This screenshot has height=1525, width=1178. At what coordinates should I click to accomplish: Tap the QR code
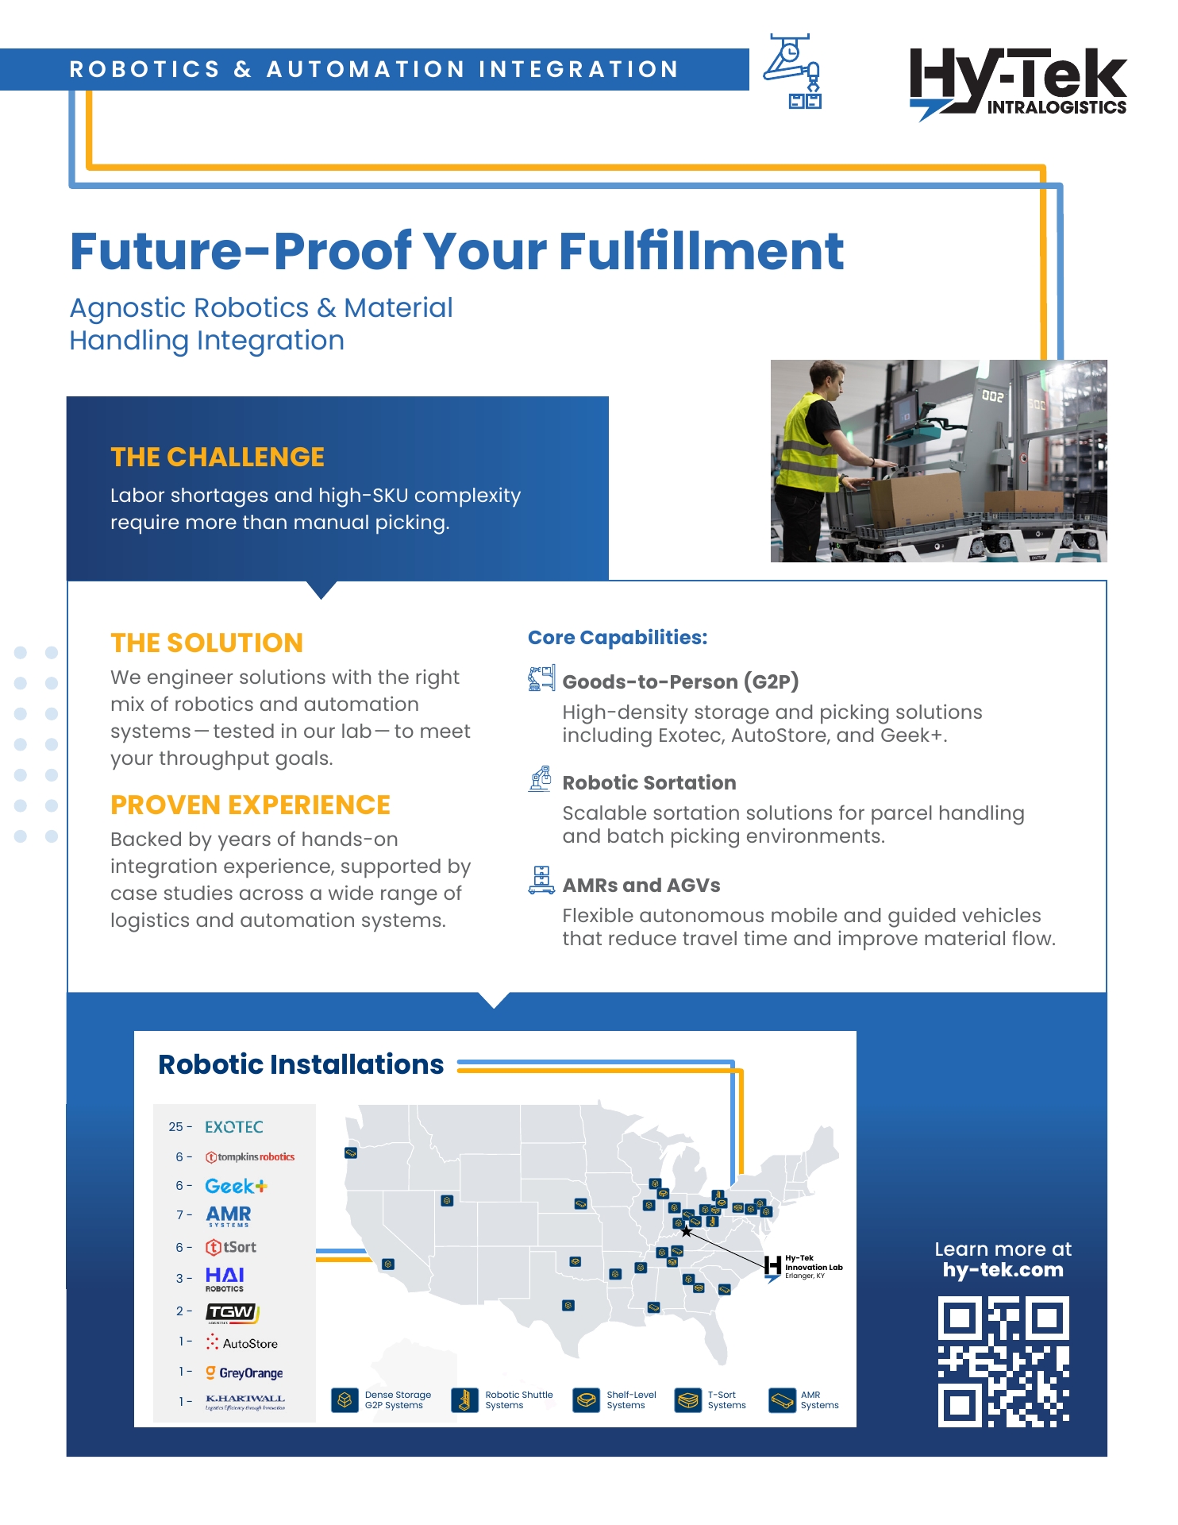(1003, 1361)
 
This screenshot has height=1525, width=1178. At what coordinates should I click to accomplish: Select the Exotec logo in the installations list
(233, 1127)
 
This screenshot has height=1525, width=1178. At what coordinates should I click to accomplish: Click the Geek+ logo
(236, 1186)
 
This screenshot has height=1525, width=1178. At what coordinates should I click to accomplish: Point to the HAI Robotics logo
(225, 1279)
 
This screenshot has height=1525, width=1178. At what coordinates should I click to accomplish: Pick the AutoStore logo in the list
(242, 1343)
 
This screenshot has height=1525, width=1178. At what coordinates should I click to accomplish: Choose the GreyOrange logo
(244, 1372)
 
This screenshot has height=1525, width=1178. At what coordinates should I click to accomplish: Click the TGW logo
(232, 1312)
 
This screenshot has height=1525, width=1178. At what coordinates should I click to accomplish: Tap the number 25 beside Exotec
(175, 1127)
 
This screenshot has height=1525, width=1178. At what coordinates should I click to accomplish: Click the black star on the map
(687, 1232)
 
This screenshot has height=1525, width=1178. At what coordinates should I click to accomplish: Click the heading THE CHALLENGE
(218, 457)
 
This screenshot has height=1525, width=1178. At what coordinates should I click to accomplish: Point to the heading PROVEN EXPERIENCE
(250, 805)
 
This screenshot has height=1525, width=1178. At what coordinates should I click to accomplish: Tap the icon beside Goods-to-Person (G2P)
(541, 679)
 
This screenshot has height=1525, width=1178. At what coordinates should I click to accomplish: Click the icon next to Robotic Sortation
(541, 779)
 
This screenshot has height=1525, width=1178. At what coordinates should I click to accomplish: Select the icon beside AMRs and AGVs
(541, 880)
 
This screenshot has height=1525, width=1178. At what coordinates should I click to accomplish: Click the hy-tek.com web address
(1003, 1270)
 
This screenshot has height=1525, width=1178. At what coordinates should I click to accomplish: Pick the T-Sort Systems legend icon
(687, 1400)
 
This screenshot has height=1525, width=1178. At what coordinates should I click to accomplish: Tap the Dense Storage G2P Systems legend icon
(345, 1400)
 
